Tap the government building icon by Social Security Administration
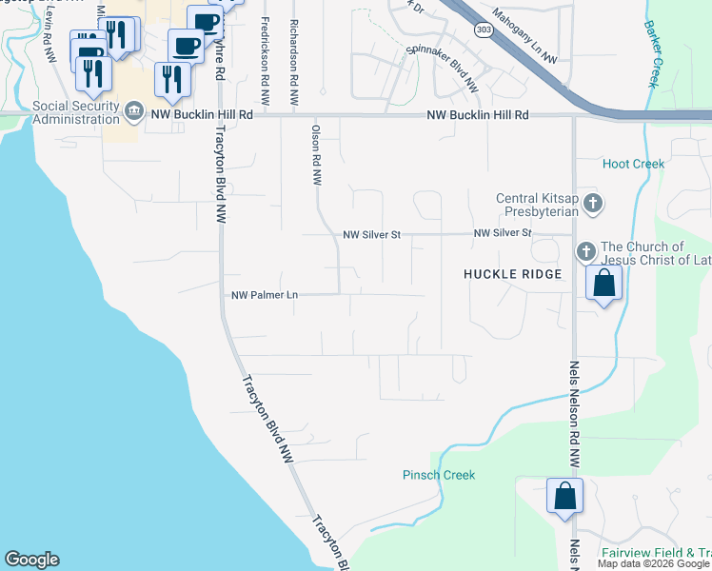[x=135, y=113]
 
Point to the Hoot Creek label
[x=633, y=164]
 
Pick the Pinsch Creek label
[x=438, y=475]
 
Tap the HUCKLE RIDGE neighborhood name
[x=512, y=274]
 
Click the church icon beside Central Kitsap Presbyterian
[x=593, y=203]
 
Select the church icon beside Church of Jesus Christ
[x=585, y=252]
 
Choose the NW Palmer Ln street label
[x=265, y=295]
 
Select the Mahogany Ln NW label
[x=524, y=38]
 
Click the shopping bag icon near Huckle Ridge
[x=603, y=283]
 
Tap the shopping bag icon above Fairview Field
[x=564, y=496]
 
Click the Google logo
[x=31, y=560]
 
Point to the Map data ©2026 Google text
[x=654, y=563]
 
